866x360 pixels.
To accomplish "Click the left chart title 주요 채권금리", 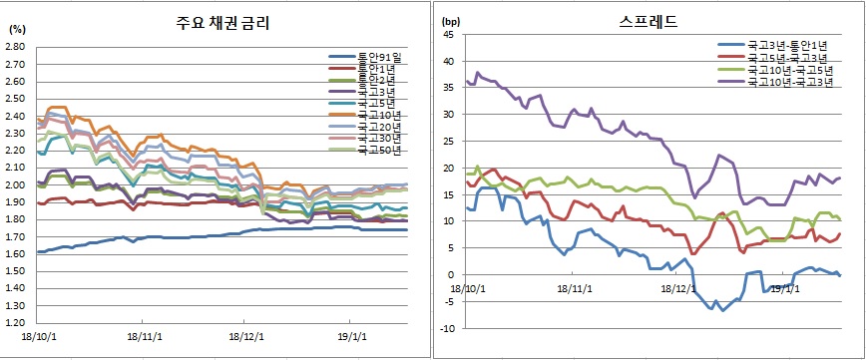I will tap(218, 22).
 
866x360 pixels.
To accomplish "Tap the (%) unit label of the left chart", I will tap(16, 29).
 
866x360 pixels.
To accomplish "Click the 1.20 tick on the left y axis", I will tap(15, 324).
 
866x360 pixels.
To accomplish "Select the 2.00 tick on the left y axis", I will tap(15, 185).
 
